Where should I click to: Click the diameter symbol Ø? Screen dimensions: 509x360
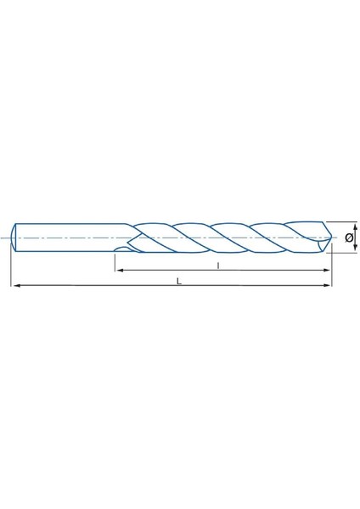[349, 238]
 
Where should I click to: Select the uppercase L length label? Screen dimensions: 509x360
[177, 281]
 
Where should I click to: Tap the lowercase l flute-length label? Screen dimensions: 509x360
[219, 265]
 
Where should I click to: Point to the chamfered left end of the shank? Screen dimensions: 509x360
[16, 238]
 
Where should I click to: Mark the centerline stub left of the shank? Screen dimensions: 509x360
[6, 238]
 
